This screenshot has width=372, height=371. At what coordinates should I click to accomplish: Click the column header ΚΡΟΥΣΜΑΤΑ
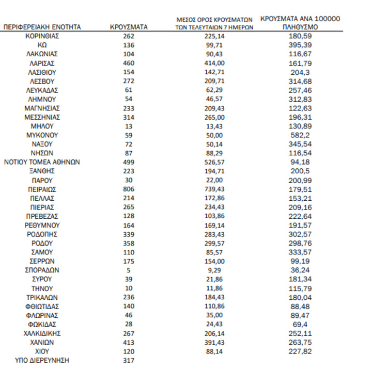129,27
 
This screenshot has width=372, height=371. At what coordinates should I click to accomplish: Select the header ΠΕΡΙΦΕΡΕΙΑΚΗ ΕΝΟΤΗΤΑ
42,27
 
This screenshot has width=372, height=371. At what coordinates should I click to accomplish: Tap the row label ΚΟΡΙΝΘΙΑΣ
42,36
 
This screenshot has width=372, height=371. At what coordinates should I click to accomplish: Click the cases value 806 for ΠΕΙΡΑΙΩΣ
129,189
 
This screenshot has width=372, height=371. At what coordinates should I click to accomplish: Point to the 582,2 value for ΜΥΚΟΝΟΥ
300,135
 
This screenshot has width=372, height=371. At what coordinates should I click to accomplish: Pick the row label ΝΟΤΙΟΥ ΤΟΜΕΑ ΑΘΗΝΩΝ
42,162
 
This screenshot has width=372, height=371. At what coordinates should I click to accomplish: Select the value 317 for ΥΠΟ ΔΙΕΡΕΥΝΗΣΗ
129,361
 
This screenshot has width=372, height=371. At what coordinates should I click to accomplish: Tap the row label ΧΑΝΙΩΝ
42,342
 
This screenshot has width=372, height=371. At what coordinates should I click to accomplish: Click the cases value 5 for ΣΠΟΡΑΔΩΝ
129,270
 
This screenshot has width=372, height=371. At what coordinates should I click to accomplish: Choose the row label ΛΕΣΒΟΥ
42,81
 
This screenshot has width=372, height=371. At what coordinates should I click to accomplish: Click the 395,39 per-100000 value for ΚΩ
300,45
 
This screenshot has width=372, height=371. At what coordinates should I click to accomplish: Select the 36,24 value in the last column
300,270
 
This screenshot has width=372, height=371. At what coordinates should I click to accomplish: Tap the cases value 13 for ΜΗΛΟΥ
129,126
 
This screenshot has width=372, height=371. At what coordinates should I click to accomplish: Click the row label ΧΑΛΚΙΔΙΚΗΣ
42,333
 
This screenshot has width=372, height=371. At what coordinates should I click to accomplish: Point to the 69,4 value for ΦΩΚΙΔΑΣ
300,324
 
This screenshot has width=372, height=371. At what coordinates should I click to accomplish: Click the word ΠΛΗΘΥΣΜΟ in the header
300,27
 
